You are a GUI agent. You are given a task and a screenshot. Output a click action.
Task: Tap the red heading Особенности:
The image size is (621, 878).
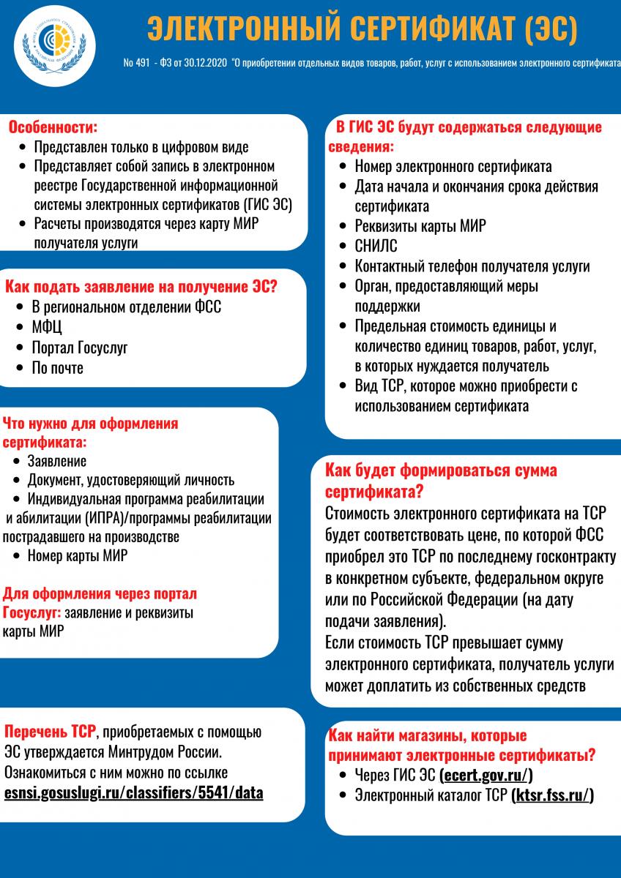53,127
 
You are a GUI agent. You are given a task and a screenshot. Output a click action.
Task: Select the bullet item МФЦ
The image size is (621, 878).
47,326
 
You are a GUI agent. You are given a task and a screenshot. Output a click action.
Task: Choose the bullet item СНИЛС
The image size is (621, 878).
376,246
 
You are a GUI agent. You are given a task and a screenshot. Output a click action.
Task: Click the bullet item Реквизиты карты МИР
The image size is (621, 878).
420,226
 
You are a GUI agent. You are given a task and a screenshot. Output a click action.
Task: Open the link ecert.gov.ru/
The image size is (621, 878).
486,776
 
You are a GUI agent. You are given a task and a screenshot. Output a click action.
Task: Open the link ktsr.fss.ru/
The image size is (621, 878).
552,795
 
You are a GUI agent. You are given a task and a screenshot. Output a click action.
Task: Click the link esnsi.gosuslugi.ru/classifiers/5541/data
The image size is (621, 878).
133,792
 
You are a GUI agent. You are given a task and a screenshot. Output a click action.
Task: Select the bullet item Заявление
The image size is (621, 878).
57,461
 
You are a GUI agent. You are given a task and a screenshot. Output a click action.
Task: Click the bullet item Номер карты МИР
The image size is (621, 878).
78,555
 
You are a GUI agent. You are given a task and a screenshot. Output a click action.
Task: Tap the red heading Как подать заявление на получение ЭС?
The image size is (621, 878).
141,286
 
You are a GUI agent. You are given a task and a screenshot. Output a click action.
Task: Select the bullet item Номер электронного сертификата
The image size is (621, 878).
453,167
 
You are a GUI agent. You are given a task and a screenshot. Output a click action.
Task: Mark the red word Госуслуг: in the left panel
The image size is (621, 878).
32,612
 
